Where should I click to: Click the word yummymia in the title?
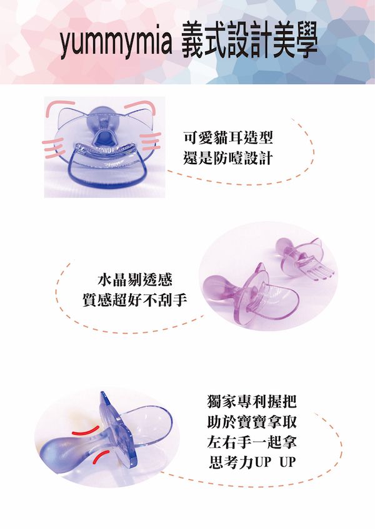click(116, 43)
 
